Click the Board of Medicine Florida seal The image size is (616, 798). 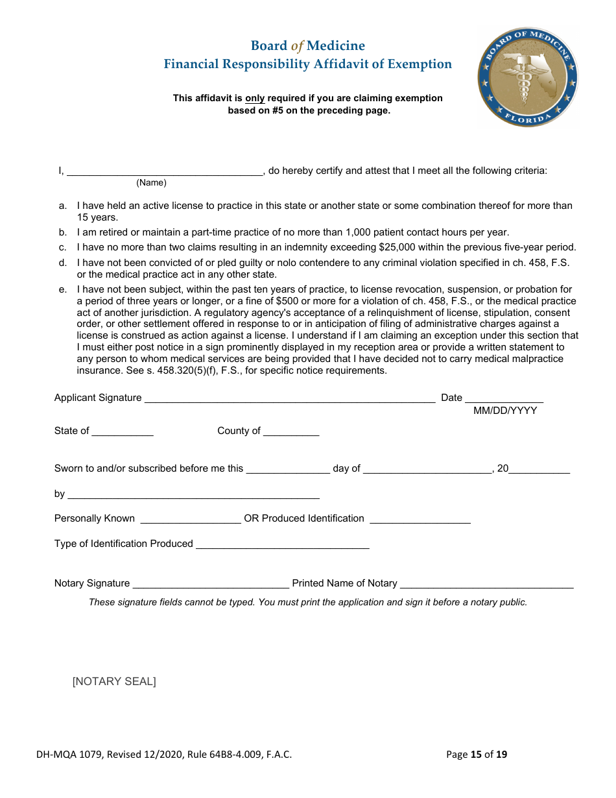tap(527, 77)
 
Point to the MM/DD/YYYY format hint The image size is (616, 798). tap(504, 411)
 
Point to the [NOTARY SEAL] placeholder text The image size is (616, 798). tap(114, 681)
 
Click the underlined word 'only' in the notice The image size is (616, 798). tap(255, 99)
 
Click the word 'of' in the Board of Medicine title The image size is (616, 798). tap(297, 46)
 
